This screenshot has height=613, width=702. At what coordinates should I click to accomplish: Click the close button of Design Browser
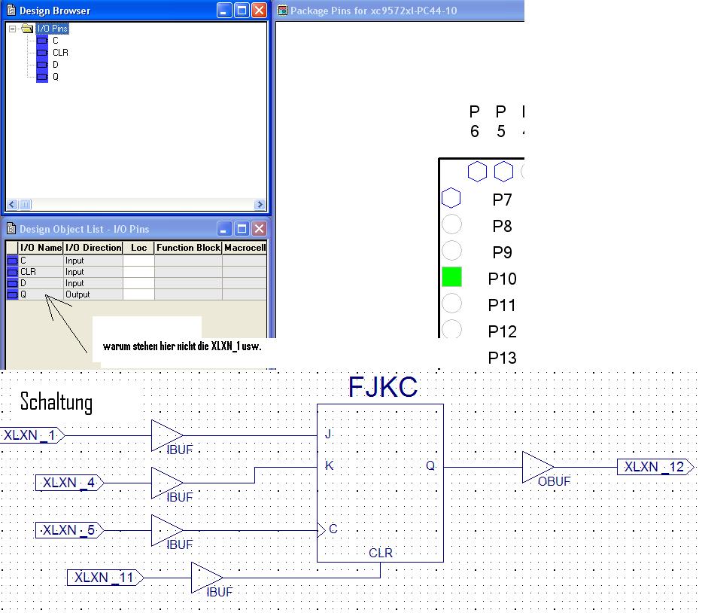point(260,11)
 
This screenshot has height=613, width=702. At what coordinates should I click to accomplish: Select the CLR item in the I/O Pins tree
point(60,53)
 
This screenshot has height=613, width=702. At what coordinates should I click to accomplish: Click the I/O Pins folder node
point(53,29)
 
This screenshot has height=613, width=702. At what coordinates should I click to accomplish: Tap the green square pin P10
point(451,276)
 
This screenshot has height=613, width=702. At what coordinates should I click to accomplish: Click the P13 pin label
point(503,358)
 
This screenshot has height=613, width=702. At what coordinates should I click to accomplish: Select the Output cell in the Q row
point(77,294)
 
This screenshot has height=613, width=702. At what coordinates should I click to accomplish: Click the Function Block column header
point(189,247)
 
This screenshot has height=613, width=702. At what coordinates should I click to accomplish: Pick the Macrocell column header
point(245,247)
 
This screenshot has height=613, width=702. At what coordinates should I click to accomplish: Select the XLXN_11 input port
point(105,577)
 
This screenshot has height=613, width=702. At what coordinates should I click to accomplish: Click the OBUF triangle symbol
point(538,467)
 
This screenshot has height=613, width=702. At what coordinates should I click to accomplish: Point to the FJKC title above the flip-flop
point(383,387)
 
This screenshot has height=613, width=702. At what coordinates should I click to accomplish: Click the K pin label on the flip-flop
point(329,465)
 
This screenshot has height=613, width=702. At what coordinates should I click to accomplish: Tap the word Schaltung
point(56,401)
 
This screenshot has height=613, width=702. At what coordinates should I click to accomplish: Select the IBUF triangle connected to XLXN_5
point(167,530)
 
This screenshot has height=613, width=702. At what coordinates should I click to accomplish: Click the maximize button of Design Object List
point(242,229)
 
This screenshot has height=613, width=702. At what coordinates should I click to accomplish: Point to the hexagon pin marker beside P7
point(451,197)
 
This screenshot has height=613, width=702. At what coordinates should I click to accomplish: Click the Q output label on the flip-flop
point(430,465)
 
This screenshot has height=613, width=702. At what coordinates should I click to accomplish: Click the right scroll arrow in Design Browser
point(260,205)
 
